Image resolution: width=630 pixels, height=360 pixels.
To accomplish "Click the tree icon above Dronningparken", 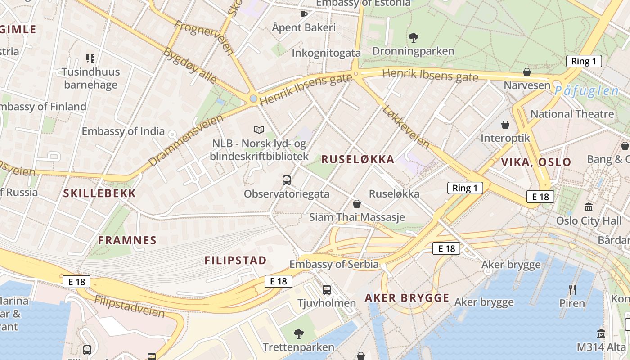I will tap(413, 37).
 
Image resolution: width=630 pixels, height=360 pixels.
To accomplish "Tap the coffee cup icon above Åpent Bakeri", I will tap(304, 14).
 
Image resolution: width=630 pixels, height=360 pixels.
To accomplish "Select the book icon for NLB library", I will tap(259, 130).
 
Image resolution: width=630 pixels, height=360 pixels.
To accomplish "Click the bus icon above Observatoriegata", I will tap(287, 180).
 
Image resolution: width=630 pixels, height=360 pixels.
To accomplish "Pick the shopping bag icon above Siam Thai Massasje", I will tap(357, 204).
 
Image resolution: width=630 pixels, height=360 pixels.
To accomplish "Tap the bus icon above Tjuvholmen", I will tap(327, 290).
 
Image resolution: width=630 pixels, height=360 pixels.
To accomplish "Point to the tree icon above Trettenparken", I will tap(298, 333).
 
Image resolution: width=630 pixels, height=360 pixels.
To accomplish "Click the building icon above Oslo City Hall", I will tap(588, 207).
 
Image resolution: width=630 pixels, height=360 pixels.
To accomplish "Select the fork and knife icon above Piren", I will tap(572, 289).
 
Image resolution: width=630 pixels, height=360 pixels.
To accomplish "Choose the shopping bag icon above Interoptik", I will tap(505, 125).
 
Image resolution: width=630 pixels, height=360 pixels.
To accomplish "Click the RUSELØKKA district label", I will tap(358, 159).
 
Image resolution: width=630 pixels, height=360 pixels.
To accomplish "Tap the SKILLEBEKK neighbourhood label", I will tap(99, 193).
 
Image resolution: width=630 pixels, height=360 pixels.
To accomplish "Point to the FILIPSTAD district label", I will tap(235, 260).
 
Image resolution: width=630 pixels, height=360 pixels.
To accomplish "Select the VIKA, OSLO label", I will tap(536, 162).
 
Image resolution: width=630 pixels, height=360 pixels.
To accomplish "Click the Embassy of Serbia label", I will tap(334, 264).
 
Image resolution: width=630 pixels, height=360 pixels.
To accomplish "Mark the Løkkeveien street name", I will tap(405, 127).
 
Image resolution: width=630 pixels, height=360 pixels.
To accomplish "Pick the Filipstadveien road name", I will tap(130, 306).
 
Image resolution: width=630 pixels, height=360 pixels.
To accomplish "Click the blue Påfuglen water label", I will tap(586, 90).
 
